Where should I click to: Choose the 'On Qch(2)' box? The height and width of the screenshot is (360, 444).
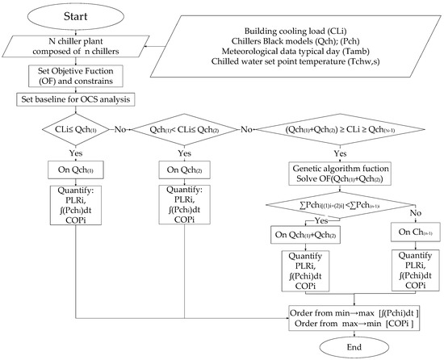183,170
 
